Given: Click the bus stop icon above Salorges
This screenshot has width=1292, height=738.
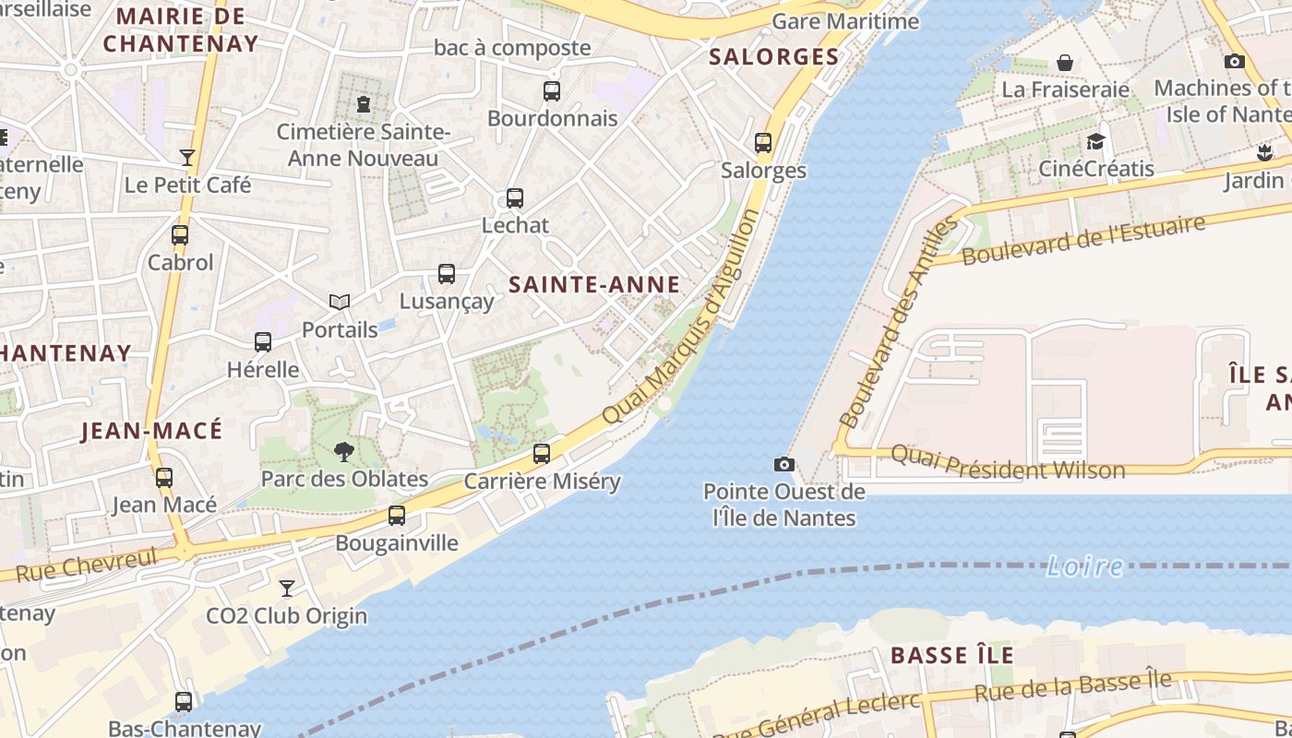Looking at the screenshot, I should [763, 143].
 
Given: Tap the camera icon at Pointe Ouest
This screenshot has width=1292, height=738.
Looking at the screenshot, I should [784, 464].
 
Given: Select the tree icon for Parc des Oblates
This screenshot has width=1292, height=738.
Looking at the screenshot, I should [344, 451].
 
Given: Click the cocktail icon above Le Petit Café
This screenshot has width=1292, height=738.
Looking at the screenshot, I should [187, 158].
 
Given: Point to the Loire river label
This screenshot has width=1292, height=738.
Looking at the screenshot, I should [1084, 566].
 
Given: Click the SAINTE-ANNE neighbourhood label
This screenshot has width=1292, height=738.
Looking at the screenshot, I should [594, 285].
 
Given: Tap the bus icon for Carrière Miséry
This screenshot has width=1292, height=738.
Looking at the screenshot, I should [542, 454].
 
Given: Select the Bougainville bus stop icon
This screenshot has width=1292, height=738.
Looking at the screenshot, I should [397, 516].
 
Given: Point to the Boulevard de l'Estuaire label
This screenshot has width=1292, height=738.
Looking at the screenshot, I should [1083, 240].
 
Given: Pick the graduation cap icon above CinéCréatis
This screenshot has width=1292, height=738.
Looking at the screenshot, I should [1095, 141].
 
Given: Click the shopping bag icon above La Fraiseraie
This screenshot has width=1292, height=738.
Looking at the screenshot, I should [1065, 63].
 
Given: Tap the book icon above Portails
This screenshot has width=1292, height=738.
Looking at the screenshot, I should [340, 303].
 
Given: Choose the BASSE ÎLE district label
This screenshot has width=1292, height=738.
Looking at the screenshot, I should [951, 656].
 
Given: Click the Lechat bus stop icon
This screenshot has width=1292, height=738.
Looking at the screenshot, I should [515, 198].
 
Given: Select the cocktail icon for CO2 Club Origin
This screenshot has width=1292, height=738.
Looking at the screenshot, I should [287, 588].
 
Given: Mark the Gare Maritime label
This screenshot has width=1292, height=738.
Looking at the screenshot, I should [845, 21].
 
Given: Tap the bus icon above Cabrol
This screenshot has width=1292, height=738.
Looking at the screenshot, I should [180, 235].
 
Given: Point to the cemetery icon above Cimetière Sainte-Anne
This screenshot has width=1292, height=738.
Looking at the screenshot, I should [364, 103].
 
